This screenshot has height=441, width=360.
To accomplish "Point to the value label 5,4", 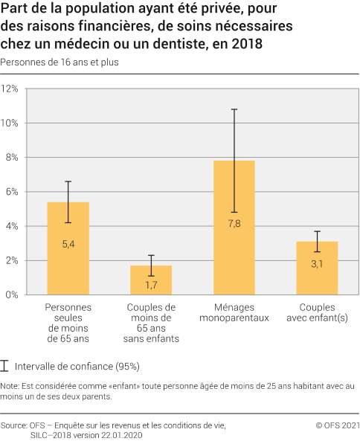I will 68,244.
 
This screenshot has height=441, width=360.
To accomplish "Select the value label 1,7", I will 151,284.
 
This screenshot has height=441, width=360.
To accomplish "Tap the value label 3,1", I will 317,263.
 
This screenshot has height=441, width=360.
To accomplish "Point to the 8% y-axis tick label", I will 13,157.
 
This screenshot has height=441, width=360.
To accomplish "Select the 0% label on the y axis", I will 13,295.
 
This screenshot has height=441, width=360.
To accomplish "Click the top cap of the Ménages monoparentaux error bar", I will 234,109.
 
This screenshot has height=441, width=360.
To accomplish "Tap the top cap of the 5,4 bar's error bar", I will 68,181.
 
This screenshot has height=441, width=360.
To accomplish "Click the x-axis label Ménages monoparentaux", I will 234,312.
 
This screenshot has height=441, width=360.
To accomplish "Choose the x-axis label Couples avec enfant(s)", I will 317,312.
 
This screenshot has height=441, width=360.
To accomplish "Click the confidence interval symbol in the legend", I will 6,366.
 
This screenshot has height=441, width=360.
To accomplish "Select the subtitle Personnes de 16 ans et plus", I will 60,62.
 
